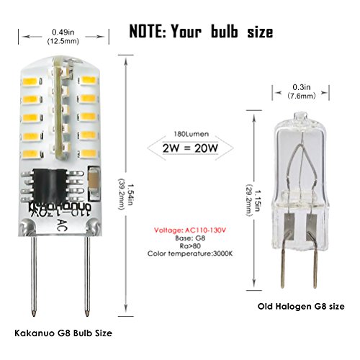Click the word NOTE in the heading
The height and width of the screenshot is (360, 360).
[148, 32]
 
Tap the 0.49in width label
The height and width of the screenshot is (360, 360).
[63, 32]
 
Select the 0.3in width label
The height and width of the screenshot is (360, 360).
[302, 87]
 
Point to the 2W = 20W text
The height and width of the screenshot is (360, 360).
[190, 148]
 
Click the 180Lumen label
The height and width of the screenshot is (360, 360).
[192, 134]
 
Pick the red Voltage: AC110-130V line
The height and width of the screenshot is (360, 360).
[190, 230]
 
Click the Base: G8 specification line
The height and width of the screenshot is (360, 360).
[190, 238]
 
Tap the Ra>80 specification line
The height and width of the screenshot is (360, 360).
[190, 246]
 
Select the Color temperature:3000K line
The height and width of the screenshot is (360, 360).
[190, 253]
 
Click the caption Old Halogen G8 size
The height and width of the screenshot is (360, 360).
[301, 307]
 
